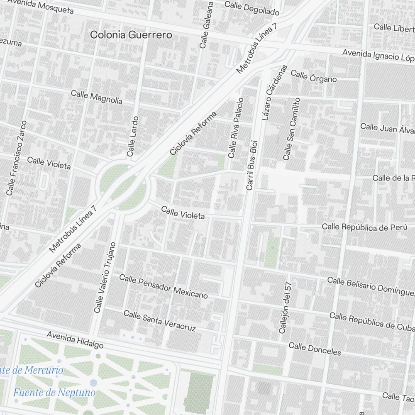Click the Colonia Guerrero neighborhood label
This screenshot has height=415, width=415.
131,35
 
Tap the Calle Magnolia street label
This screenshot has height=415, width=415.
96,97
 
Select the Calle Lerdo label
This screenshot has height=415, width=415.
132,136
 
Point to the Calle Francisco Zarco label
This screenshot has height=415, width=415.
17,158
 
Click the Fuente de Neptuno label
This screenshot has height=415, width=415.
54,392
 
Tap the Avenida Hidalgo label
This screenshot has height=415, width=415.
75,340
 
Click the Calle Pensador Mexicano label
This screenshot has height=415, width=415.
163,286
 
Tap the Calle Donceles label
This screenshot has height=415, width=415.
315,349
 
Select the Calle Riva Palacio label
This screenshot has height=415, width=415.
235,128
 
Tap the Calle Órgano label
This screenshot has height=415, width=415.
313,76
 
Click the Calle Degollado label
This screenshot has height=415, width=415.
251,7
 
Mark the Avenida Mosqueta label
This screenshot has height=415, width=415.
40,6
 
